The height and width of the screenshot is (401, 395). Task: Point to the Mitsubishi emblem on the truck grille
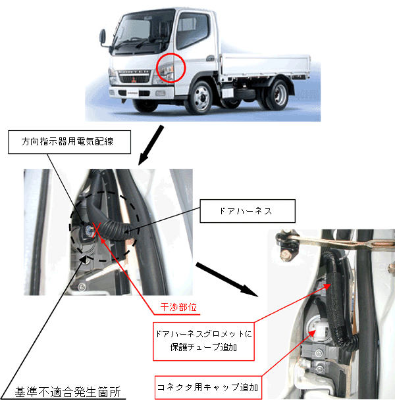coord(134,80)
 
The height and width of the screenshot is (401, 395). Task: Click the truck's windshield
coord(140,32)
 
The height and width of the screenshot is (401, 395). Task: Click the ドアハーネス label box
coord(248,211)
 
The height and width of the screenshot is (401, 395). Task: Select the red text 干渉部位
coord(178,307)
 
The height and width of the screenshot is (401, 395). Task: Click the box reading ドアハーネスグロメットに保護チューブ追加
coord(203,341)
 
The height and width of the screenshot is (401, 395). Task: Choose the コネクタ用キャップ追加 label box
coord(208,387)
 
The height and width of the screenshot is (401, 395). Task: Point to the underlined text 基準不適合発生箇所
coord(67,392)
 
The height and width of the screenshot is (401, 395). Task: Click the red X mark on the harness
coord(97,229)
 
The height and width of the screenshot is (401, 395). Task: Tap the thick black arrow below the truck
coord(151,145)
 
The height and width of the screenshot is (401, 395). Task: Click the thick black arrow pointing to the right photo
coord(227,279)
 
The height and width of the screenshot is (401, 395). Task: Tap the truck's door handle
coord(211,59)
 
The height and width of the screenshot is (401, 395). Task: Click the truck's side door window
coord(193,30)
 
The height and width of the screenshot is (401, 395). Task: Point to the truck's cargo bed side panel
coord(265,65)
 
